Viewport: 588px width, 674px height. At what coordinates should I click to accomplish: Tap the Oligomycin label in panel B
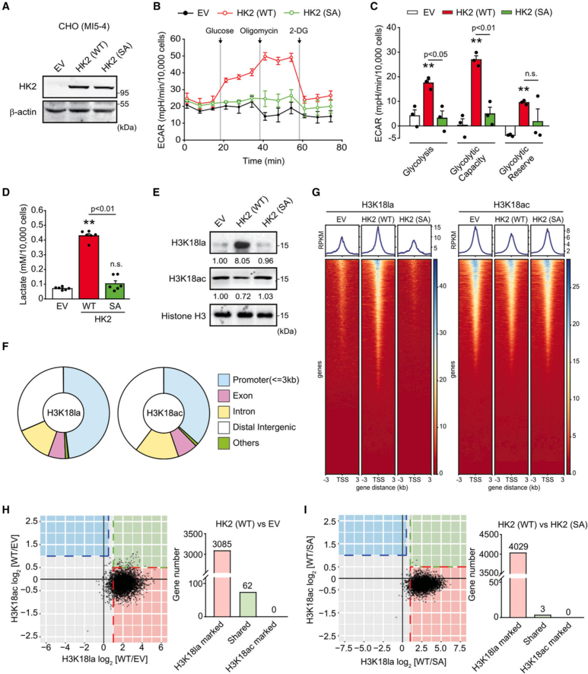click(x=259, y=31)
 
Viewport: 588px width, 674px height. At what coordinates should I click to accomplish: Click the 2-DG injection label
click(x=298, y=31)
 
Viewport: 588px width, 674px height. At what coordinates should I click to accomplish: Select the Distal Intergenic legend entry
click(x=264, y=427)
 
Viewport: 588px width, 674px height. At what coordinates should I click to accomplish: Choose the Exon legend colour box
click(x=223, y=396)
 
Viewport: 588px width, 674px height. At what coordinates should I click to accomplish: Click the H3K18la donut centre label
click(x=64, y=413)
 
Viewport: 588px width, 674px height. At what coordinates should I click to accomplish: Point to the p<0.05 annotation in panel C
click(x=436, y=54)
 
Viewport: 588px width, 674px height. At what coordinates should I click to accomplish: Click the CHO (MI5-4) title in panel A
click(x=84, y=26)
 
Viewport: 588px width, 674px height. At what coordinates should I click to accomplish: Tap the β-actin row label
click(x=23, y=112)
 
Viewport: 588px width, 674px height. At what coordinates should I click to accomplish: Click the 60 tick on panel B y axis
click(x=175, y=39)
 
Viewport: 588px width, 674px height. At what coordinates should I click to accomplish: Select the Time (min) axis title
click(x=264, y=161)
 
